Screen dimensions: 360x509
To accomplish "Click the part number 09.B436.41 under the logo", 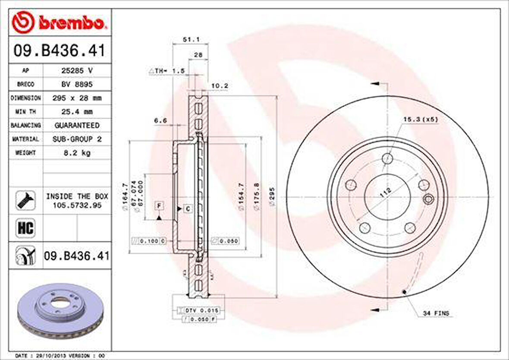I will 59,51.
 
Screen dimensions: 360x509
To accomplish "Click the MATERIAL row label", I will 26,139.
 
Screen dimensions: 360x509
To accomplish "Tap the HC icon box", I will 25,227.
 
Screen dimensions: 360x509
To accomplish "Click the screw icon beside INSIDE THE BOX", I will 25,200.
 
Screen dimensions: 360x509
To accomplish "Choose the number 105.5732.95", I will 77,205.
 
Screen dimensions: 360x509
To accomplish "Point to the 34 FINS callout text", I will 436,313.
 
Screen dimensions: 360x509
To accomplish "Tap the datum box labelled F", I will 159,206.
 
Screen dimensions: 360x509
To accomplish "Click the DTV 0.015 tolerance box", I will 202,310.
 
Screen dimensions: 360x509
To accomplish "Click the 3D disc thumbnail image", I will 60,310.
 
